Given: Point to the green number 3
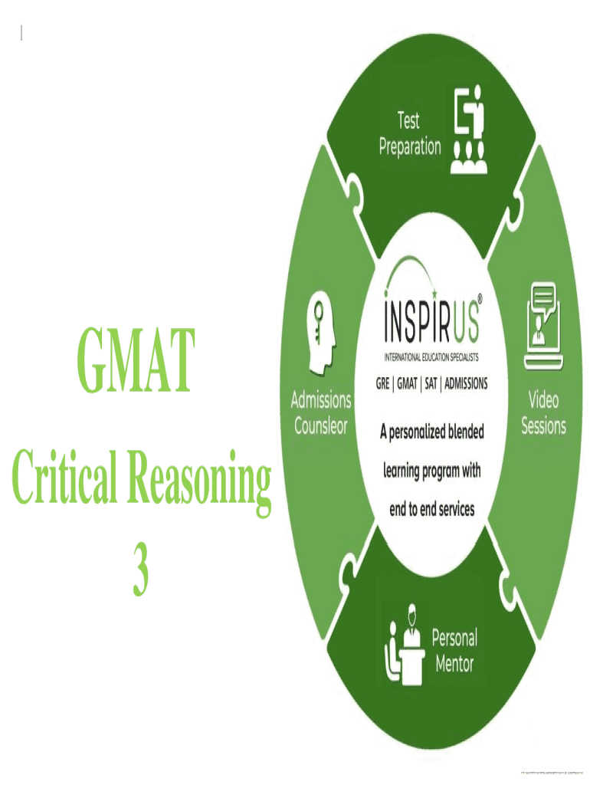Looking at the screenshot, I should pos(140,573).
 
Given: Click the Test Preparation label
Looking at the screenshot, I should pos(410,133).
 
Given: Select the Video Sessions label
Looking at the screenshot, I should pos(543,412).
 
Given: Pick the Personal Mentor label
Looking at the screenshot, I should pos(455,650).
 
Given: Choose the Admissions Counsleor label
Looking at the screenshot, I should pos(322,412).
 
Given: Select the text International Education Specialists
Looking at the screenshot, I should pos(432,357).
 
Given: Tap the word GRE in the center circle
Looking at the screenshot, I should pos(382,384).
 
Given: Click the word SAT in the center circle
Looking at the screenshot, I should pos(432,384).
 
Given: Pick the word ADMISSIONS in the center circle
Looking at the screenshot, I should pos(467,384).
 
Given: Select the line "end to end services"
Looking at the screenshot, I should pos(432,507).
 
